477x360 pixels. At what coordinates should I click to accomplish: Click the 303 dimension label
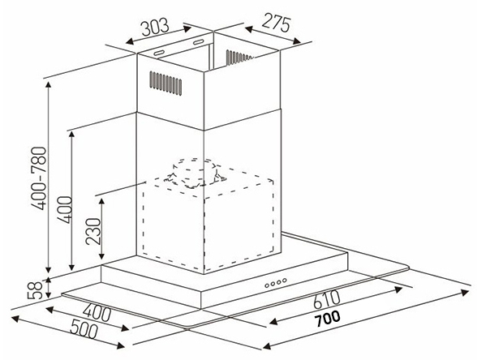tap(155, 27)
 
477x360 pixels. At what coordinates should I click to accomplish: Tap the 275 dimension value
tap(276, 23)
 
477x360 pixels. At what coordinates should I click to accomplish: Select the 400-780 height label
tap(39, 178)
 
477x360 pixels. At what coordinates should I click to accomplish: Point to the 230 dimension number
tap(93, 231)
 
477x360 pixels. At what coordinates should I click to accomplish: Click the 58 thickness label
tap(35, 290)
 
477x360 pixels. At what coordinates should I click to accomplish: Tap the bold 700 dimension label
tap(327, 318)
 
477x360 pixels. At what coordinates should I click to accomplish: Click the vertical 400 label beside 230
tap(66, 210)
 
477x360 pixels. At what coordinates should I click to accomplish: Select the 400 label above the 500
tap(97, 313)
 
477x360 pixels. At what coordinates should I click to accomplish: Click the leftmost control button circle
tap(267, 285)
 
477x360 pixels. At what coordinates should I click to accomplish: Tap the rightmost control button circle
tap(284, 280)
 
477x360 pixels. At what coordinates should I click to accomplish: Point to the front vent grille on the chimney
tap(165, 83)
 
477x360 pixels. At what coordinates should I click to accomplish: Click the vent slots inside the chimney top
tap(239, 57)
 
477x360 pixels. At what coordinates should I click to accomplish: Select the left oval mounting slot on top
tap(159, 53)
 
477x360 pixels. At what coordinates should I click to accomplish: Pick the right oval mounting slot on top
tap(198, 42)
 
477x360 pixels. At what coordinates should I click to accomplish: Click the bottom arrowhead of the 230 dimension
tap(102, 255)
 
